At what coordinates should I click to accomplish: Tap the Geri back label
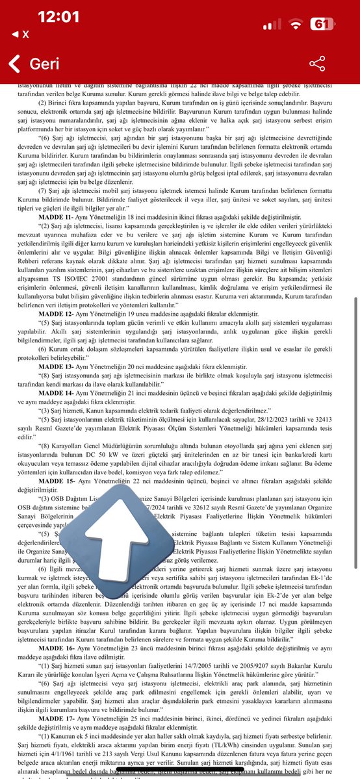(x=44, y=64)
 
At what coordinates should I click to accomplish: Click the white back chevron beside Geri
(x=14, y=64)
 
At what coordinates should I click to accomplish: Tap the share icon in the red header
(x=317, y=63)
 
